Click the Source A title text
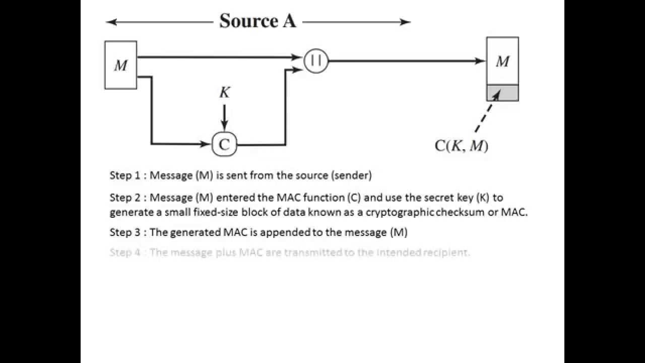point(257,21)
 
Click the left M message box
point(120,65)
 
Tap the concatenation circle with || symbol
point(316,61)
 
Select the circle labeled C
point(224,145)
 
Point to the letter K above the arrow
point(225,92)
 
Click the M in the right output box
point(502,62)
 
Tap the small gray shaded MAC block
point(502,93)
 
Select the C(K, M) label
point(462,146)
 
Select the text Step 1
point(125,175)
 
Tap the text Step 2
point(125,198)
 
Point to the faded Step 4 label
point(125,253)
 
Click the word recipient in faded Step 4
point(448,253)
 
